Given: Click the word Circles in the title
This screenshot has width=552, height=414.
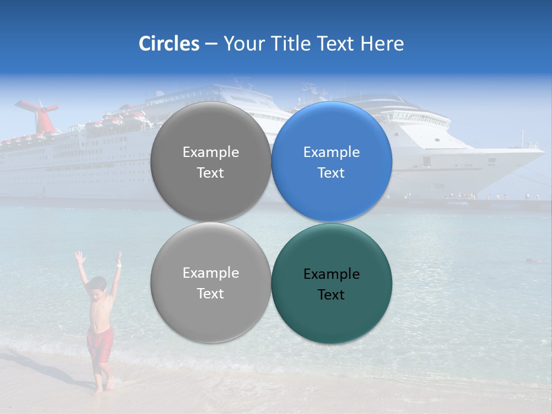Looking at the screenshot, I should click(x=168, y=44).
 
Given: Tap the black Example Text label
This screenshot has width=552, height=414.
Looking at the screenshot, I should click(x=331, y=284).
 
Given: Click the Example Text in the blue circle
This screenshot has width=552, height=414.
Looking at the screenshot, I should click(x=331, y=162).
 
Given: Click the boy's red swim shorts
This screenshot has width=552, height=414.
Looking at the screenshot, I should click(x=99, y=343).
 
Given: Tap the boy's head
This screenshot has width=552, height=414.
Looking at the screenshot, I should click(x=99, y=285).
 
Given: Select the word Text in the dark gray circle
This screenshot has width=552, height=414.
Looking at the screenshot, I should click(x=210, y=172).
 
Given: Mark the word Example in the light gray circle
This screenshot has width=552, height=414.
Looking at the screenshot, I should click(x=210, y=273).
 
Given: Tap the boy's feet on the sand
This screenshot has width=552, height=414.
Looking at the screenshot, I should click(x=102, y=389).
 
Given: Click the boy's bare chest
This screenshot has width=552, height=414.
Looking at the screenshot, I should click(x=101, y=310).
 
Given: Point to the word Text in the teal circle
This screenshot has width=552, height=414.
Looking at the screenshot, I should click(x=331, y=294).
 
